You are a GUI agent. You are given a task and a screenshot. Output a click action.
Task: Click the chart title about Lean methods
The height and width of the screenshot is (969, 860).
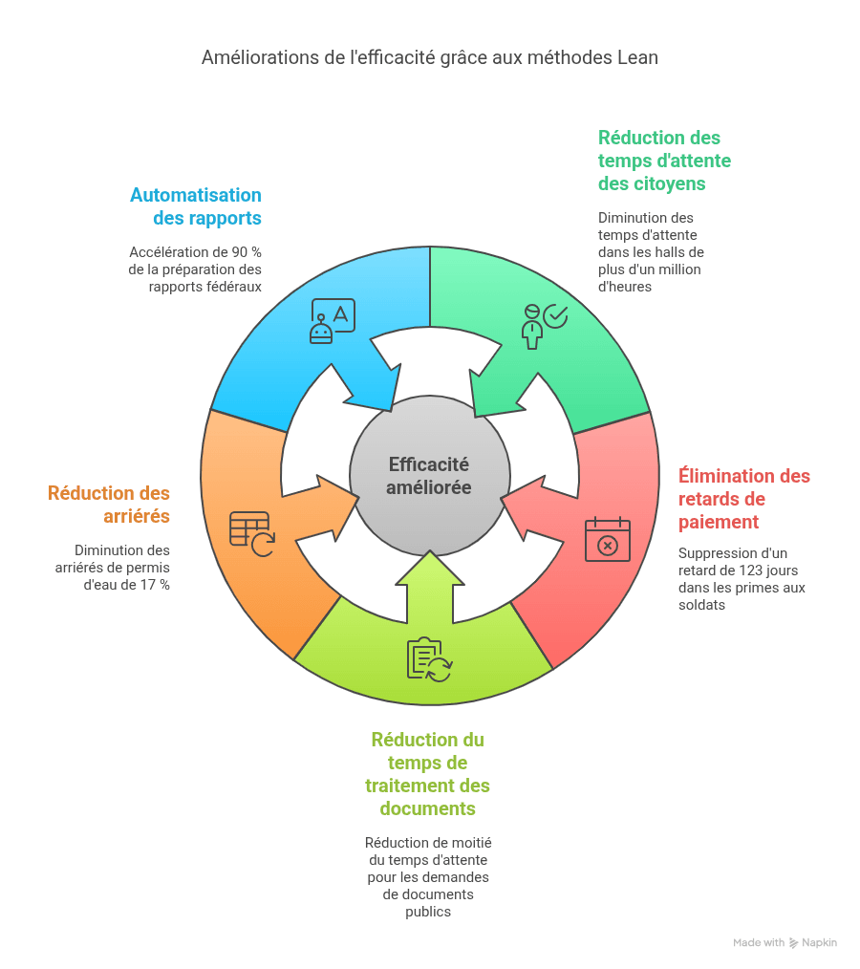click(x=429, y=57)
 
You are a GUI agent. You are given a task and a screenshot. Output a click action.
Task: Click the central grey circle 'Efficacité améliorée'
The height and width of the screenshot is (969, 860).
click(x=429, y=476)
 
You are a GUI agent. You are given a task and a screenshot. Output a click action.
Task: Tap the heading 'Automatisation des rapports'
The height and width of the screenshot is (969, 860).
click(x=195, y=206)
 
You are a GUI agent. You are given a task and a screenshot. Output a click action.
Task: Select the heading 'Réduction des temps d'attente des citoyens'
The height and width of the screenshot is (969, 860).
click(x=664, y=161)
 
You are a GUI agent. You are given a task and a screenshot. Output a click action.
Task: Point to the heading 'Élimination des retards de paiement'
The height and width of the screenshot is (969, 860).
click(x=743, y=499)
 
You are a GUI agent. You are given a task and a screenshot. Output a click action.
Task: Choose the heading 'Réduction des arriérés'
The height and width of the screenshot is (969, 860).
click(x=109, y=505)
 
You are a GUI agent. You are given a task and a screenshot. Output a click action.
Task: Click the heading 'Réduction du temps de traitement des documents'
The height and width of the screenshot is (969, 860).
click(x=427, y=774)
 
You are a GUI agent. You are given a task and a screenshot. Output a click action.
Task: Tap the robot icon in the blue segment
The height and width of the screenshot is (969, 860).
click(x=333, y=321)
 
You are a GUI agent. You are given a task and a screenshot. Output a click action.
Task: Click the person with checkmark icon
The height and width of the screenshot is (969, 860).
click(x=545, y=326)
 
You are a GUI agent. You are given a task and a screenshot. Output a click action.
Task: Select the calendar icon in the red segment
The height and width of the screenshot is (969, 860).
click(x=608, y=539)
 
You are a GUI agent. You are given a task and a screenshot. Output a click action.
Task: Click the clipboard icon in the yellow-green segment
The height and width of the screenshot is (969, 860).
click(x=429, y=660)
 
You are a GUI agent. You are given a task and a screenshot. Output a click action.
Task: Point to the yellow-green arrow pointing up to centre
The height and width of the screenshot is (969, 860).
click(x=430, y=587)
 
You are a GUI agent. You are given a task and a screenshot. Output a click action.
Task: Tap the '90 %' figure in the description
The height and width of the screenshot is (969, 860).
click(x=247, y=252)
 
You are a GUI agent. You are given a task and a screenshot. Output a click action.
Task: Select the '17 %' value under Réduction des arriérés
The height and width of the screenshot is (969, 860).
click(x=155, y=585)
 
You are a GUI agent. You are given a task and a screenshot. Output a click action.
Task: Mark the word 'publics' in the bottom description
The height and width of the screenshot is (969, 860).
click(x=428, y=913)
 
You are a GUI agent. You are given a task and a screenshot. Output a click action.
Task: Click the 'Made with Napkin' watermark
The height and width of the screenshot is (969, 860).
click(x=785, y=942)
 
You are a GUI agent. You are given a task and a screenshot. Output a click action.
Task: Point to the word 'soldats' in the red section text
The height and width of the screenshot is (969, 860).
click(x=701, y=605)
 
